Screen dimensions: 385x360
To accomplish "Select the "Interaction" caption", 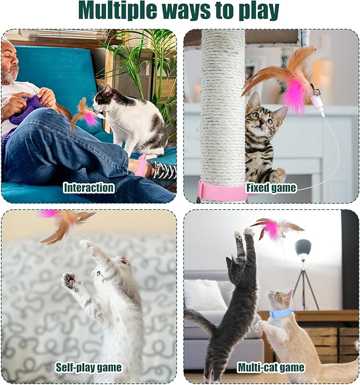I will coord(89,187).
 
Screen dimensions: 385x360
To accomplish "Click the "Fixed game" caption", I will coord(271,187).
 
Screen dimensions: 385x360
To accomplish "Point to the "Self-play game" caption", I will coord(89,367).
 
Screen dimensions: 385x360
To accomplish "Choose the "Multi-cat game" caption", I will coord(271,367).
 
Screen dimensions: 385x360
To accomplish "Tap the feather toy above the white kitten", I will coord(66,223).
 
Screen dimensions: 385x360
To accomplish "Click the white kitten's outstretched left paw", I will coord(69,280).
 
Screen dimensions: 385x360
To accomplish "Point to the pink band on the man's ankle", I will coord(141,165).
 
